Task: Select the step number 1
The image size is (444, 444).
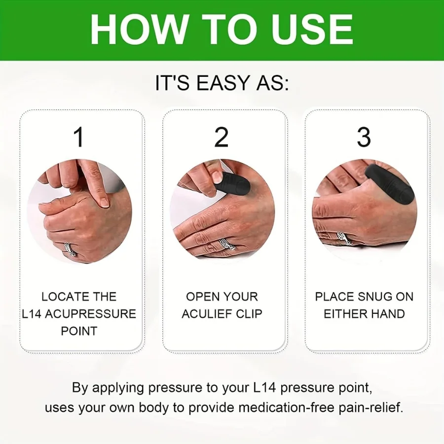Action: pos(79,138)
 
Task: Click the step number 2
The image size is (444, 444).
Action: pos(222,138)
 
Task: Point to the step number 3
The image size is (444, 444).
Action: pos(364,138)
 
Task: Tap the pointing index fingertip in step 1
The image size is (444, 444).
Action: pos(104,201)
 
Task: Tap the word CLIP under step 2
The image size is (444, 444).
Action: pos(249,314)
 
